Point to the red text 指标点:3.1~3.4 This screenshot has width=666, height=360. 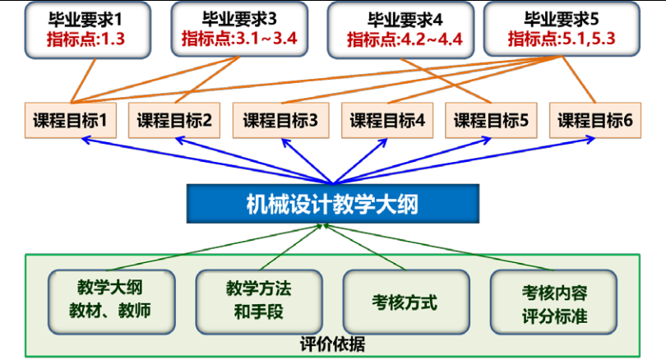pyautogui.click(x=234, y=39)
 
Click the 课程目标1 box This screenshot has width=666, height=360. pyautogui.click(x=71, y=120)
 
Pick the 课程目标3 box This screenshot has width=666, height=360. pyautogui.click(x=280, y=120)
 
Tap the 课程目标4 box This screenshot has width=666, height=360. pyautogui.click(x=386, y=120)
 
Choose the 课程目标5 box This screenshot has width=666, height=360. pyautogui.click(x=491, y=120)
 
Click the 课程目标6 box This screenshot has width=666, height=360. pyautogui.click(x=595, y=120)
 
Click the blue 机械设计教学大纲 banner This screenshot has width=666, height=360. pyautogui.click(x=331, y=202)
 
